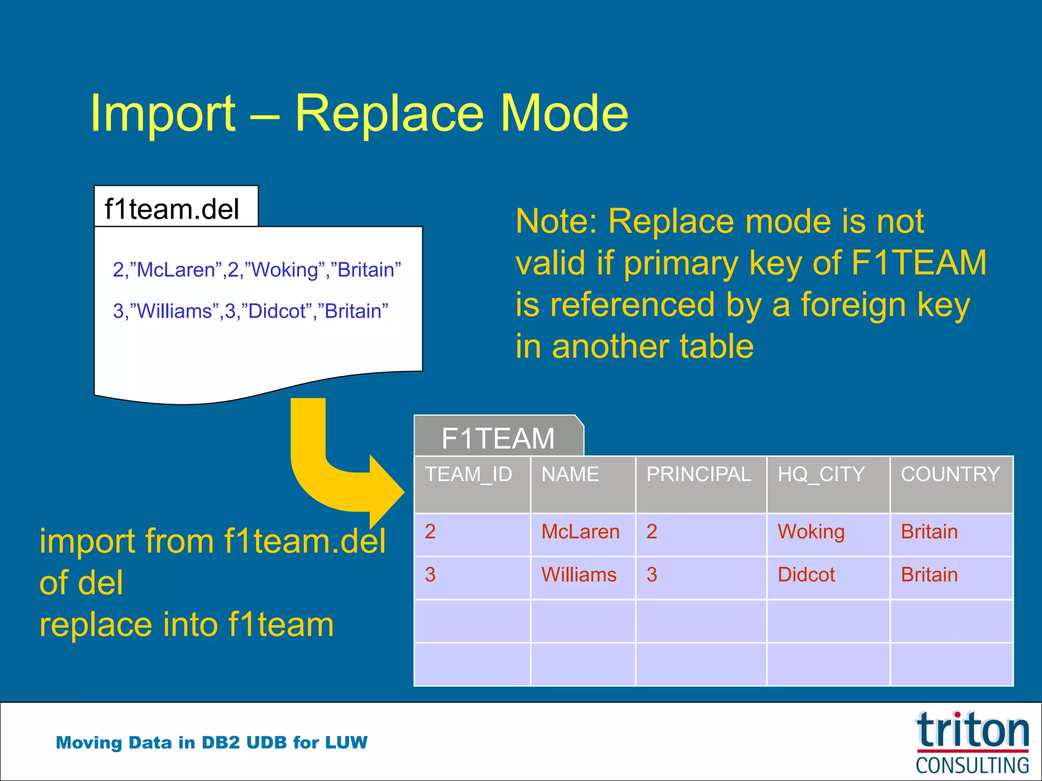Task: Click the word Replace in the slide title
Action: (x=389, y=114)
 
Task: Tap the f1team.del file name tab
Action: (x=172, y=208)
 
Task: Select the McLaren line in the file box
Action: (x=256, y=269)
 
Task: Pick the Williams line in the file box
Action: (x=250, y=311)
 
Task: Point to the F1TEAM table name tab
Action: (x=498, y=438)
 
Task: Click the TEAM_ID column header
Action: (x=469, y=474)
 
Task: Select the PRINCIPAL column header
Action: (x=699, y=474)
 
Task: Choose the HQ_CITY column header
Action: (x=821, y=474)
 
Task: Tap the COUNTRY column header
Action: (x=950, y=474)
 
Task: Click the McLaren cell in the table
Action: (x=580, y=532)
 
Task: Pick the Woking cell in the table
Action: (x=811, y=532)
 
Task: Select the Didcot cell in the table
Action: (x=806, y=575)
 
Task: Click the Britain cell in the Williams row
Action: (x=929, y=575)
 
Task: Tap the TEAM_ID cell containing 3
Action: (x=430, y=575)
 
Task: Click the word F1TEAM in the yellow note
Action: (x=918, y=263)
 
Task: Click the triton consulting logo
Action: (x=972, y=742)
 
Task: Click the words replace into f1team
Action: (x=187, y=624)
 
